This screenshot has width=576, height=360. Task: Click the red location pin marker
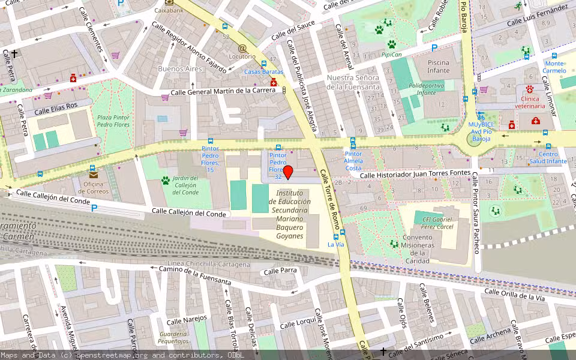click(x=288, y=173)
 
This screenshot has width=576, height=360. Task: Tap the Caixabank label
click(x=169, y=10)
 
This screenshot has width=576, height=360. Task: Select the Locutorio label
click(x=242, y=57)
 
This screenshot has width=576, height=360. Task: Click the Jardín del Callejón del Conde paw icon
click(x=165, y=180)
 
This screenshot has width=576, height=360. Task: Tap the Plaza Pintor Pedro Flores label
click(x=113, y=121)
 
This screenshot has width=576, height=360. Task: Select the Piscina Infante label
click(x=439, y=66)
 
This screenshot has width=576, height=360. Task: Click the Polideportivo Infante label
click(x=426, y=89)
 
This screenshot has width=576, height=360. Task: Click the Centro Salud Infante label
click(x=548, y=158)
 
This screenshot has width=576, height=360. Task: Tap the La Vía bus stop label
click(x=336, y=244)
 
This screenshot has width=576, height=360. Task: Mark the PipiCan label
click(x=391, y=55)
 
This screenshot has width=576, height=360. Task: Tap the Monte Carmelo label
click(x=554, y=67)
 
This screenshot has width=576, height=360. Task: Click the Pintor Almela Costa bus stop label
click(x=353, y=161)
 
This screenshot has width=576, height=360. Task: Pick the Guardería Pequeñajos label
click(x=173, y=337)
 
